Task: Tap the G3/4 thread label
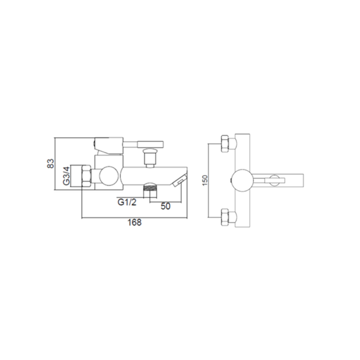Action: [x=66, y=176]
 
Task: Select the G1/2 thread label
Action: [x=127, y=202]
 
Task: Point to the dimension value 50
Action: [x=165, y=206]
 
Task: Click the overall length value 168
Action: [x=135, y=222]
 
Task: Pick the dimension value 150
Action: [x=205, y=180]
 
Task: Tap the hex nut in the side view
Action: [x=86, y=176]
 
